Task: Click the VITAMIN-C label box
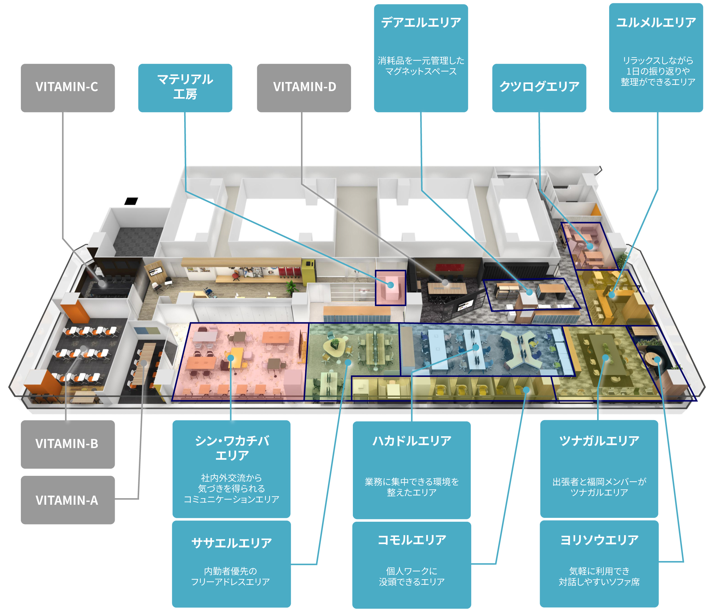(68, 87)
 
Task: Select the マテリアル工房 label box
(185, 87)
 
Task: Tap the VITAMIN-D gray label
(304, 87)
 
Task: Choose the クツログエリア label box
(539, 87)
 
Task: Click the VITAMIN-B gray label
(68, 444)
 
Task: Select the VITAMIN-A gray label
(68, 500)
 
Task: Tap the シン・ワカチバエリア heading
(232, 448)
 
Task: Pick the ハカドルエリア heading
(412, 441)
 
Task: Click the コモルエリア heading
(412, 540)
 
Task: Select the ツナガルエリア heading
(599, 441)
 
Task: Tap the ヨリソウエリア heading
(599, 540)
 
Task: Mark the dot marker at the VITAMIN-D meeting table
(445, 282)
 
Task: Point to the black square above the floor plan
(131, 201)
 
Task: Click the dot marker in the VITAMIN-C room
(102, 283)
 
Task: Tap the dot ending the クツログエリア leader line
(589, 246)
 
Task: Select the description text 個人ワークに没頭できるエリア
(412, 576)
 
